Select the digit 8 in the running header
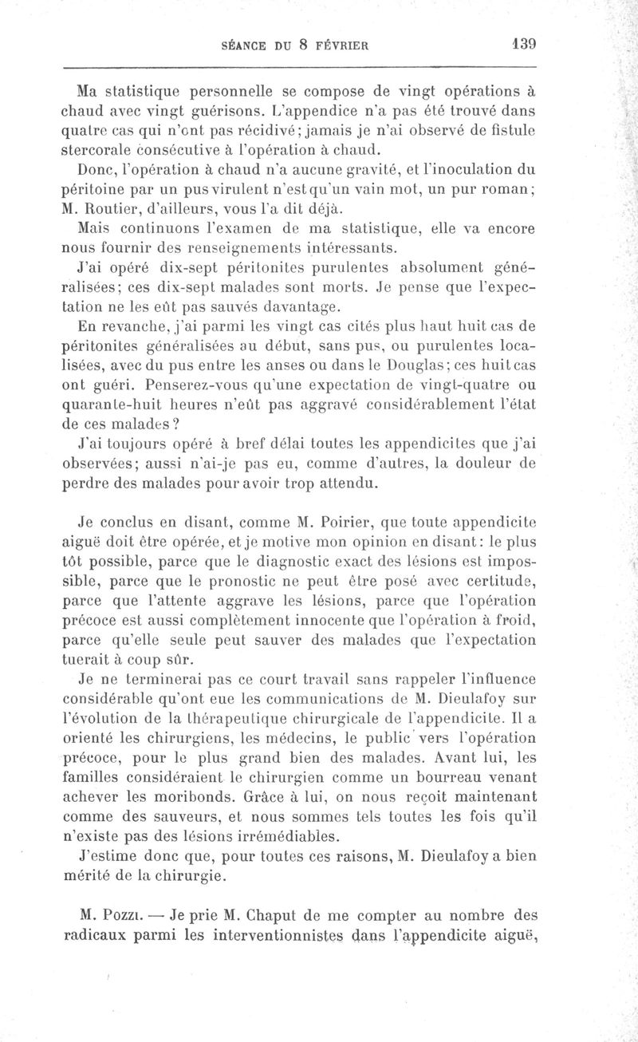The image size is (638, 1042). tap(304, 46)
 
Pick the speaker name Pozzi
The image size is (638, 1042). tap(106, 915)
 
